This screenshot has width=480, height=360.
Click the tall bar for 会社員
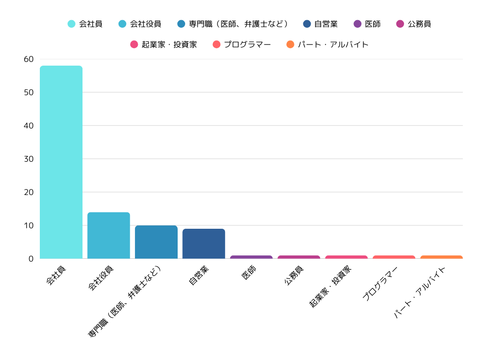click(61, 162)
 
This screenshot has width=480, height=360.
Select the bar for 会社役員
click(109, 235)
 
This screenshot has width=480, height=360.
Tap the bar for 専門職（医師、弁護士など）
click(156, 242)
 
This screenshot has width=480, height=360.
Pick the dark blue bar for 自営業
click(204, 244)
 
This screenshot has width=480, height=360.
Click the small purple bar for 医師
click(251, 257)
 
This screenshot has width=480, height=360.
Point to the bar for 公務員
click(299, 257)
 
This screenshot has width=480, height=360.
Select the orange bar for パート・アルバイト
click(442, 257)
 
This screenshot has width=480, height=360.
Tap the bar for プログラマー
click(394, 257)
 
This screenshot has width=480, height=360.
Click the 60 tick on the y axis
click(29, 59)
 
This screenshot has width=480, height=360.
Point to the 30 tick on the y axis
click(29, 159)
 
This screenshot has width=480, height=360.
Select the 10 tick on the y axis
click(29, 225)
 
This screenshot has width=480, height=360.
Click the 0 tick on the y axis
click(31, 259)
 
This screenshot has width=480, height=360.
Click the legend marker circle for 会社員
click(72, 24)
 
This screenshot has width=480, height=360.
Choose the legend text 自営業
click(326, 24)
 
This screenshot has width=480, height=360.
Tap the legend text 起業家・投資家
click(169, 45)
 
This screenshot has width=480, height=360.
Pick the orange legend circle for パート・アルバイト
click(290, 45)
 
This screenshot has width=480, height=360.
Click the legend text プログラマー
click(247, 45)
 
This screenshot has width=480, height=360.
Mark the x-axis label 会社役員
click(101, 277)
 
